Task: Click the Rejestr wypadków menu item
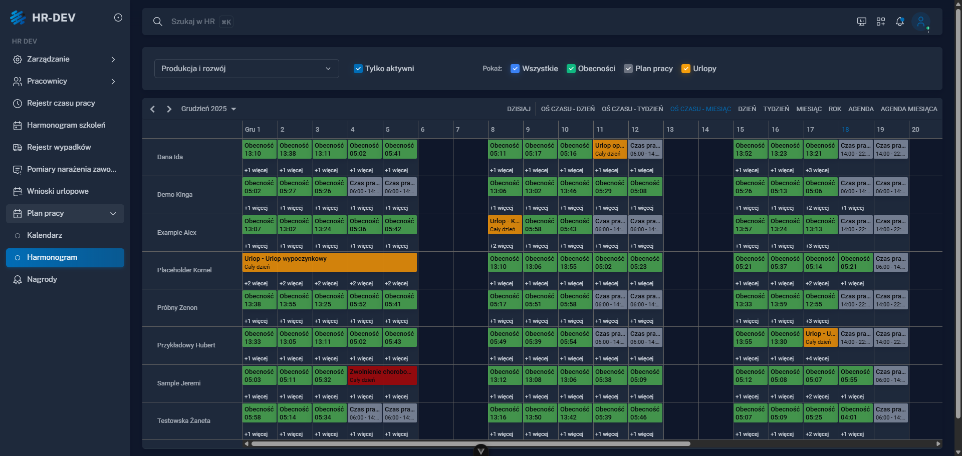tap(59, 147)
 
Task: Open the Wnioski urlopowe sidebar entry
tap(58, 191)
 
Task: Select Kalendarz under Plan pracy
tap(45, 235)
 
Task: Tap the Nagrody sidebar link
tap(42, 279)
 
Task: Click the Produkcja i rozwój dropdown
tap(246, 69)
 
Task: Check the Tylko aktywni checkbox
tap(358, 69)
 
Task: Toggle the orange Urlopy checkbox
tap(686, 69)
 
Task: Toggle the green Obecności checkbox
tap(571, 69)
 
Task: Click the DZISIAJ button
tap(519, 109)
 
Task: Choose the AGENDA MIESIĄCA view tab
tap(908, 109)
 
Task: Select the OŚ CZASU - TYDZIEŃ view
tap(632, 109)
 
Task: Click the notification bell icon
tap(900, 22)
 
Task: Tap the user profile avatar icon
tap(920, 22)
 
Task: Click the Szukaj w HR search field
tap(193, 22)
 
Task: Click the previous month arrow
tap(153, 109)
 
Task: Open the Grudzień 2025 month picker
tap(208, 109)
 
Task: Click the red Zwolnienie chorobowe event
tap(382, 375)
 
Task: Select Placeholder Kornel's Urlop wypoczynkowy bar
tap(329, 262)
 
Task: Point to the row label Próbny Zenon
tap(177, 308)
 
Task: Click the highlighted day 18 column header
tap(845, 130)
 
